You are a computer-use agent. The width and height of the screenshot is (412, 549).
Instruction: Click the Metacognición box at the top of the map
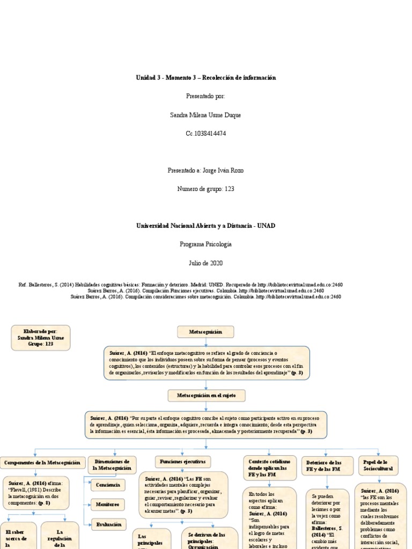[x=206, y=332]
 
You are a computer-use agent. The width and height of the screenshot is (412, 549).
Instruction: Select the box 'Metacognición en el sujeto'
[x=206, y=396]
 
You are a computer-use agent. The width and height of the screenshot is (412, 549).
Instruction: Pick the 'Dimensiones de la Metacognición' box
[x=112, y=464]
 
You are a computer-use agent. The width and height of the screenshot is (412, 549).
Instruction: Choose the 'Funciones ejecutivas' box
[x=183, y=461]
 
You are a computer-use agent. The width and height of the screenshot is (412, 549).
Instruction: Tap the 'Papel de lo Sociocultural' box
[x=378, y=465]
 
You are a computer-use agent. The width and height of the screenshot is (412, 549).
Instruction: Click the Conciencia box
[x=108, y=485]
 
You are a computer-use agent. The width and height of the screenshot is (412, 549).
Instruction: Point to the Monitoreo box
[x=108, y=504]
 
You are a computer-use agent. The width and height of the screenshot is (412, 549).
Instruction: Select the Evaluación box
[x=108, y=524]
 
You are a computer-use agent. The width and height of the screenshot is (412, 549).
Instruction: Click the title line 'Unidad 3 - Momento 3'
[x=206, y=78]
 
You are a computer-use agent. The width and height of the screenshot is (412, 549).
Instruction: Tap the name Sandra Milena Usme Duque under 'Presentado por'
[x=206, y=115]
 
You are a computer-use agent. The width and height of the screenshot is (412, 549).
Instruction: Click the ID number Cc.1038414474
[x=206, y=133]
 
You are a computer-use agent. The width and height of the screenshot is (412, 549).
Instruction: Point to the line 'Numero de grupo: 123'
[x=206, y=189]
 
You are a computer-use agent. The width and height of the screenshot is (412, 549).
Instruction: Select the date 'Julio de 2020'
[x=206, y=263]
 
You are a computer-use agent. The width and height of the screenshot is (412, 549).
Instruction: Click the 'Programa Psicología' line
[x=206, y=244]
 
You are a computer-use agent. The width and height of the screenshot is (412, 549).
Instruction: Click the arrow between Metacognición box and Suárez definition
[x=206, y=342]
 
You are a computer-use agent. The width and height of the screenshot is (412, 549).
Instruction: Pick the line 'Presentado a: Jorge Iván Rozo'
[x=206, y=170]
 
